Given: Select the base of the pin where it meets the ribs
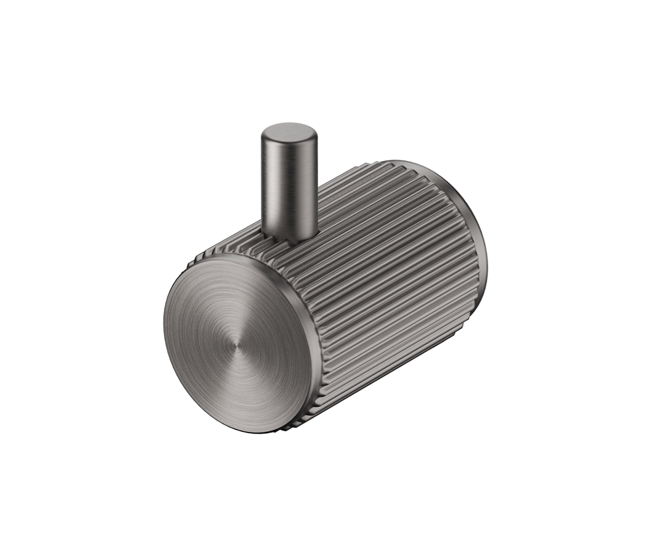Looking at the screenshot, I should (290, 235).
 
